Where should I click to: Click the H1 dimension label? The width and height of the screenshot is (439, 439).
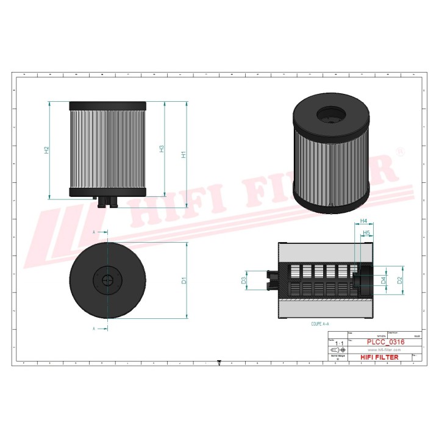pos(184,155)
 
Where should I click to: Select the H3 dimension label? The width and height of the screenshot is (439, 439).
pos(162,149)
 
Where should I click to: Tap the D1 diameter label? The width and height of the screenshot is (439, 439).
pos(184,281)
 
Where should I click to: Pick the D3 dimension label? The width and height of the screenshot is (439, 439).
pos(244,280)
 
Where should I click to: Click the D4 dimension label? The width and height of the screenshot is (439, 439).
pos(383,280)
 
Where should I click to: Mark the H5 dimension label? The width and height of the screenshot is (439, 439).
pos(367,233)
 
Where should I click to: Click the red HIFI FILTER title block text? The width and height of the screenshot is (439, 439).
pos(382,357)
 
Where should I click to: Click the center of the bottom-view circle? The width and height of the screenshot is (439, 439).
pos(108,280)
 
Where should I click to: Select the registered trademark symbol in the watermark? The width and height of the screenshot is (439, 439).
pos(400,151)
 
